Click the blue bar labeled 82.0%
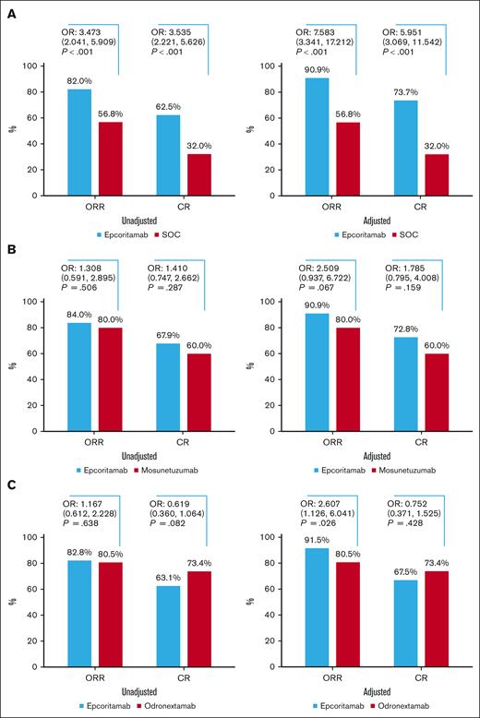pyautogui.click(x=80, y=142)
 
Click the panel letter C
pyautogui.click(x=12, y=485)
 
